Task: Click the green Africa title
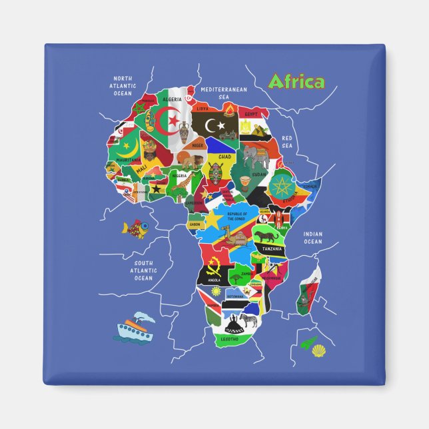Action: click(295, 82)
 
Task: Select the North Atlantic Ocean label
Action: click(123, 85)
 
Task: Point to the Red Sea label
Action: click(287, 142)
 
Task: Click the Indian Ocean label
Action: click(312, 238)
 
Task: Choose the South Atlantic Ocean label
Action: click(143, 270)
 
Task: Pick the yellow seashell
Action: click(319, 348)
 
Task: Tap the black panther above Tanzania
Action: click(269, 237)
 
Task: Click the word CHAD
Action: click(224, 157)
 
